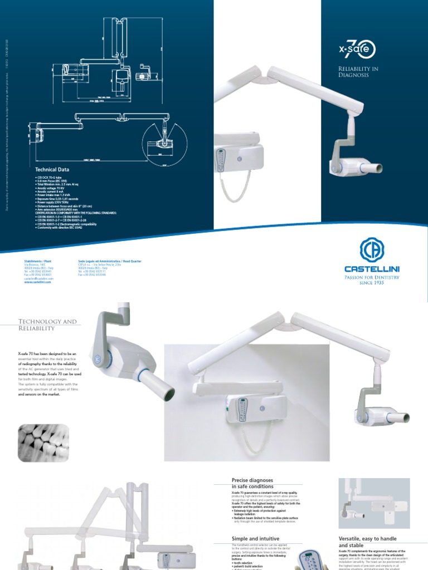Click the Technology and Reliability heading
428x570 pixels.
point(47,325)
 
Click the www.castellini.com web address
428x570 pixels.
point(38,282)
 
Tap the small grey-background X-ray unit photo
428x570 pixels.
point(374,503)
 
